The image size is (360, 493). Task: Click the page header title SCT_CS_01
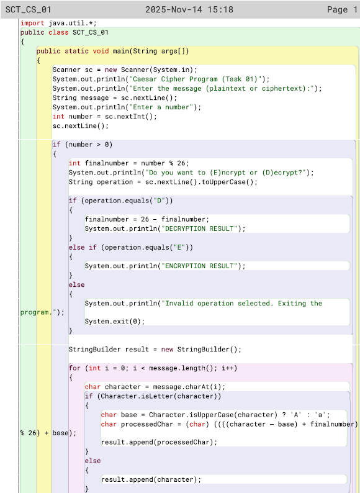[x=29, y=9]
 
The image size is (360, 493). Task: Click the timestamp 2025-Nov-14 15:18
[x=189, y=9]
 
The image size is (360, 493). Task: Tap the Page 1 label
[x=342, y=9]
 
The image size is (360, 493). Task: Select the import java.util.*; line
[x=58, y=23]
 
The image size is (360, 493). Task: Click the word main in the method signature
[x=121, y=51]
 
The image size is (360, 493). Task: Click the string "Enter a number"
[x=161, y=107]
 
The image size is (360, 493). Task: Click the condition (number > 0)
[x=89, y=145]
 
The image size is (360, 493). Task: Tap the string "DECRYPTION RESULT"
[x=199, y=228]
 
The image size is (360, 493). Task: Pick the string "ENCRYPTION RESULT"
[x=199, y=266]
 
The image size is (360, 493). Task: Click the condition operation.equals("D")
[x=127, y=201]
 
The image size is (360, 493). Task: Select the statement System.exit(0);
[x=115, y=322]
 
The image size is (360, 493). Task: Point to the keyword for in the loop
[x=74, y=368]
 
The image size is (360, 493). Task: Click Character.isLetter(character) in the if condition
[x=159, y=396]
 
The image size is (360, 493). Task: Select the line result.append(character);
[x=151, y=479]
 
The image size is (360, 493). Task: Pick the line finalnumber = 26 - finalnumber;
[x=147, y=219]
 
